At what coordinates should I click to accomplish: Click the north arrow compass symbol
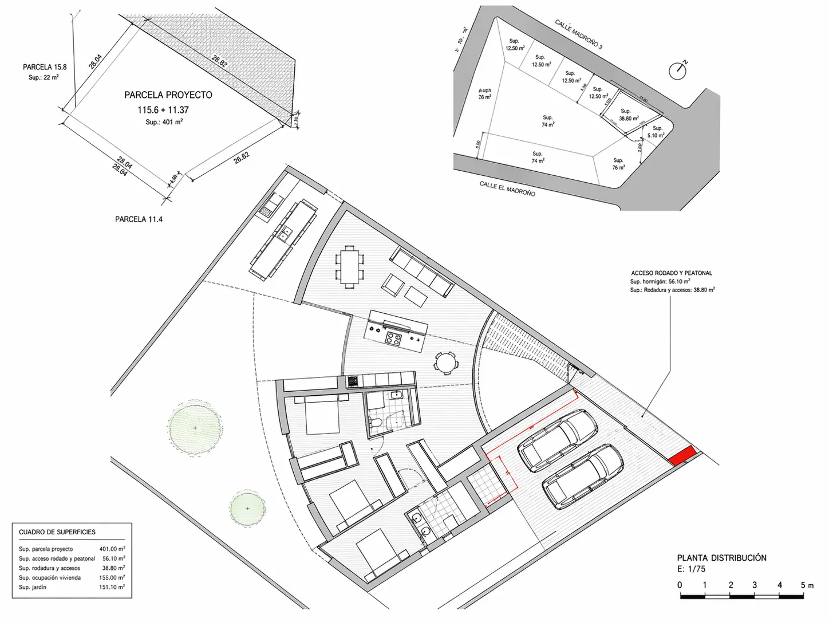[x=678, y=70]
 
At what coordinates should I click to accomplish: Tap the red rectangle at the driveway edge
[x=682, y=456]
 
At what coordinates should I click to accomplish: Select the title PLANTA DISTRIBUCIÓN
[x=721, y=558]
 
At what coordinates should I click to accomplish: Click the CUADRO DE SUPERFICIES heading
[x=57, y=532]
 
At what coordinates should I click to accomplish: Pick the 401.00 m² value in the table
[x=112, y=549]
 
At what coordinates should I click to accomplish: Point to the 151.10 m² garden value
[x=112, y=587]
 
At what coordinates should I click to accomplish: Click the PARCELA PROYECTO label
[x=168, y=95]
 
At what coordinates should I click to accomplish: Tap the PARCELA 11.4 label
[x=139, y=219]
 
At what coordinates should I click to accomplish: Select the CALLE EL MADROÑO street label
[x=507, y=188]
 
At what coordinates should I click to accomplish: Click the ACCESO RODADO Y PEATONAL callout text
[x=672, y=273]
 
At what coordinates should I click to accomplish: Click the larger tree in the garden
[x=195, y=428]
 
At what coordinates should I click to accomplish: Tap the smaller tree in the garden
[x=247, y=508]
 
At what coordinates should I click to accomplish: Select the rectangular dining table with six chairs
[x=349, y=265]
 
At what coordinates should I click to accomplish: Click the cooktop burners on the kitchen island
[x=393, y=338]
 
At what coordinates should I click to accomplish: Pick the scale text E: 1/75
[x=691, y=569]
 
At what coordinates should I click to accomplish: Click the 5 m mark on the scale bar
[x=803, y=585]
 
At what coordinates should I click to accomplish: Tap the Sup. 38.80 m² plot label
[x=628, y=115]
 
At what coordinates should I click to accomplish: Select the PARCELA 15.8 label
[x=45, y=67]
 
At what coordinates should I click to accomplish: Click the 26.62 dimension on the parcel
[x=242, y=158]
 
